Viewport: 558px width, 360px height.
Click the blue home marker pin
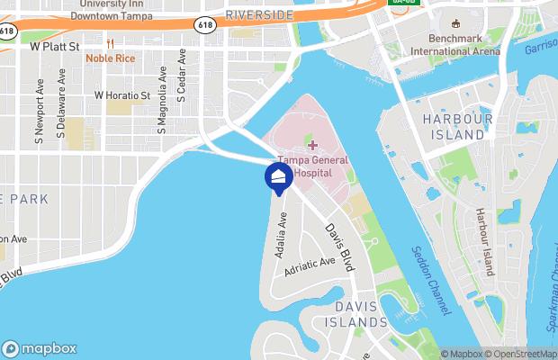pos(278,176)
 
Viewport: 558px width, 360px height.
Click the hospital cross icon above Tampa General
pos(312,145)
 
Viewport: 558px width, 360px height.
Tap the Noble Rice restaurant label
pos(111,58)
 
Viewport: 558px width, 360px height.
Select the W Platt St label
pos(56,44)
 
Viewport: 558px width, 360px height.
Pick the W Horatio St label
pos(122,94)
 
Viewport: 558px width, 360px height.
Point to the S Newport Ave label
pos(40,115)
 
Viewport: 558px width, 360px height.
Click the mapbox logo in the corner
pos(40,348)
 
